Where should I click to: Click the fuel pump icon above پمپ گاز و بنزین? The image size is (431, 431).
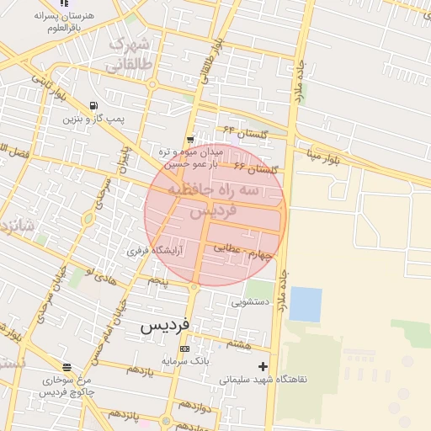(93, 105)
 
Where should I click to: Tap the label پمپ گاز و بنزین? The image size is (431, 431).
(93, 120)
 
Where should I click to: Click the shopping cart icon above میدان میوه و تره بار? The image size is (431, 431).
(191, 140)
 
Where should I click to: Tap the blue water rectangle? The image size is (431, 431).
(306, 304)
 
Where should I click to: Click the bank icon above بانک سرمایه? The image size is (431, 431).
(184, 349)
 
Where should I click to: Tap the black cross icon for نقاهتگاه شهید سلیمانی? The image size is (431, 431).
(263, 366)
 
